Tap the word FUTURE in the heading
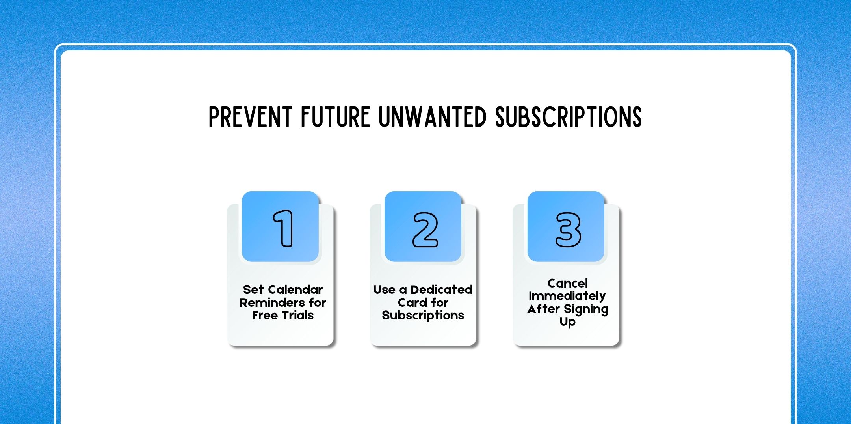pyautogui.click(x=335, y=117)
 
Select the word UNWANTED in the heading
pyautogui.click(x=433, y=117)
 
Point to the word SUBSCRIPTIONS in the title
pyautogui.click(x=569, y=117)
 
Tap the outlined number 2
pyautogui.click(x=425, y=230)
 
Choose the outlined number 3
pyautogui.click(x=568, y=230)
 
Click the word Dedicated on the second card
pyautogui.click(x=441, y=290)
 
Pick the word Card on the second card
pyautogui.click(x=412, y=303)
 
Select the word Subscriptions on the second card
pyautogui.click(x=423, y=315)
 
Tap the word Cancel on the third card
pyautogui.click(x=568, y=283)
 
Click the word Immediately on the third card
pyautogui.click(x=567, y=296)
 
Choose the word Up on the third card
pyautogui.click(x=567, y=322)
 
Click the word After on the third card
pyautogui.click(x=543, y=309)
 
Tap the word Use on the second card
pyautogui.click(x=384, y=290)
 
